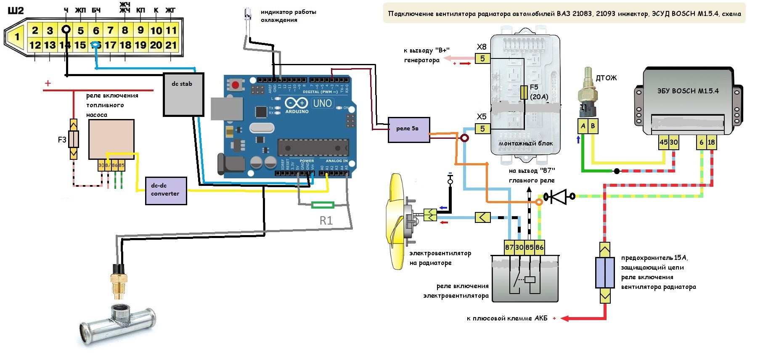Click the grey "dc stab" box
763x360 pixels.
click(x=183, y=95)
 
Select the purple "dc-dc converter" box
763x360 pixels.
click(x=166, y=191)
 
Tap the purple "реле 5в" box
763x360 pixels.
click(x=408, y=130)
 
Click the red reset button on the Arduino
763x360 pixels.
click(x=236, y=85)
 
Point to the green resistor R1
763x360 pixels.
click(x=323, y=205)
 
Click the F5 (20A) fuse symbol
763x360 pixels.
click(x=524, y=93)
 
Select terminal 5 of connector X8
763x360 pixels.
click(x=482, y=58)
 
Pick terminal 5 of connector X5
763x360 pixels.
click(x=482, y=129)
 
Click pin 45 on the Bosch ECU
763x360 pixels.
click(x=663, y=142)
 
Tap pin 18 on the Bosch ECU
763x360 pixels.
click(x=711, y=142)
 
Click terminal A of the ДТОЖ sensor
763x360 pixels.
click(x=583, y=126)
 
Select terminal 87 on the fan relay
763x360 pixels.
click(x=509, y=247)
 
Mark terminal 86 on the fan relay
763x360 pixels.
click(x=540, y=247)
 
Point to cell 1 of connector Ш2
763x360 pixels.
click(x=17, y=37)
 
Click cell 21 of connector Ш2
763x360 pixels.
click(x=171, y=45)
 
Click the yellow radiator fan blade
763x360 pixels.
click(x=397, y=221)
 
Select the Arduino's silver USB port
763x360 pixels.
click(x=227, y=109)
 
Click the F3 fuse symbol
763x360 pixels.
click(x=74, y=139)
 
